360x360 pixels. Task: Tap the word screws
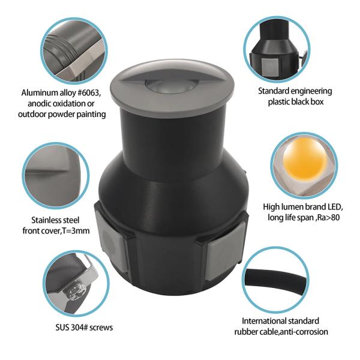(101, 328)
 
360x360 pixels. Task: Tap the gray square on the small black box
(269, 65)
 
